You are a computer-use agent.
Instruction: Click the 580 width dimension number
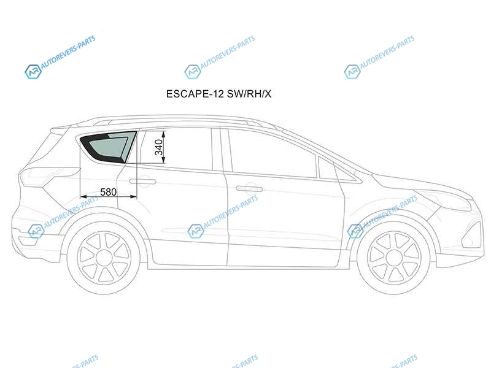[109, 192]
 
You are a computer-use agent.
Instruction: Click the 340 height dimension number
[159, 147]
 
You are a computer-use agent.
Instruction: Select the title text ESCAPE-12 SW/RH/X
[218, 94]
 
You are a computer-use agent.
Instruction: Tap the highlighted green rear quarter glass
[108, 147]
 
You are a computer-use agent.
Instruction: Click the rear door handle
[142, 181]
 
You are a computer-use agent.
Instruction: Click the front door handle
[249, 188]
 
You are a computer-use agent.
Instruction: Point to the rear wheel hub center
[104, 258]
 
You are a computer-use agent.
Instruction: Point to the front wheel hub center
[393, 258]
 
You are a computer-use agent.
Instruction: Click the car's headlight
[444, 200]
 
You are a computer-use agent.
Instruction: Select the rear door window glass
[176, 149]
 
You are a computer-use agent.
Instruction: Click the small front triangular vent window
[328, 169]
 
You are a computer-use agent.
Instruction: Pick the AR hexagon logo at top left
[33, 72]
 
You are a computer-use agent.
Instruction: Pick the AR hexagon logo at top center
[192, 72]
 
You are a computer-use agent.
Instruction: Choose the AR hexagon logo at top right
[352, 72]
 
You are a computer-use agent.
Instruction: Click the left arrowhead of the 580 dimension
[83, 196]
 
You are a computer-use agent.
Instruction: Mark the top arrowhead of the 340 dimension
[163, 134]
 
